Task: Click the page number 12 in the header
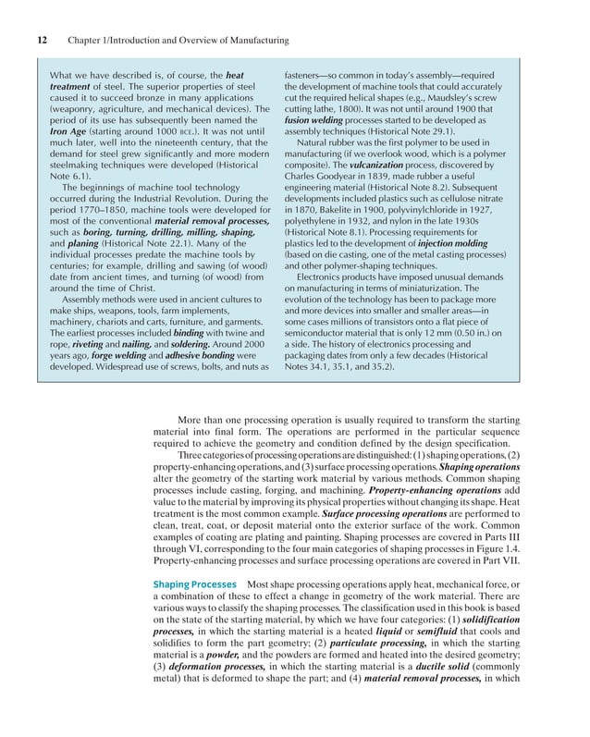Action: pyautogui.click(x=43, y=41)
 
